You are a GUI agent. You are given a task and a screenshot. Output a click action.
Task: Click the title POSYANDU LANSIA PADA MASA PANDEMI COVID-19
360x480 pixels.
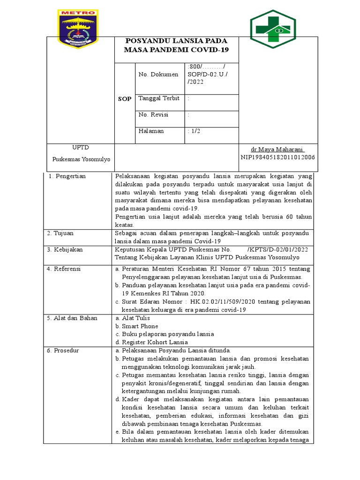(x=177, y=45)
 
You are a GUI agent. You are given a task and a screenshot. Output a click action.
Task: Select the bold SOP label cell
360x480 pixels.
(x=125, y=100)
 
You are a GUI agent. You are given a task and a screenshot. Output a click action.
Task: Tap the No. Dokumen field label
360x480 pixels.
(x=158, y=74)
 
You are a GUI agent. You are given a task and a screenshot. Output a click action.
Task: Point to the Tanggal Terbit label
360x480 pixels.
(x=159, y=98)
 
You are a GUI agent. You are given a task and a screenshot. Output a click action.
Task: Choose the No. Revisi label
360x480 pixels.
(x=153, y=114)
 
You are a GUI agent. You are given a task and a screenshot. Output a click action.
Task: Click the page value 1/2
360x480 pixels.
(x=194, y=131)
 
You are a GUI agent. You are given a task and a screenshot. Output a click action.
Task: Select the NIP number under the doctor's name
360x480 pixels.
(x=277, y=157)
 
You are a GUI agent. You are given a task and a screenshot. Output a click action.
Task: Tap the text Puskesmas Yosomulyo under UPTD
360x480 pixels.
(x=81, y=159)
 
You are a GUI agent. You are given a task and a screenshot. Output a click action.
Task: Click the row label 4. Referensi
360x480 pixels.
(x=64, y=269)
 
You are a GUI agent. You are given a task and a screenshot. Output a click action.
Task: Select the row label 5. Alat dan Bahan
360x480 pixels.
(x=72, y=318)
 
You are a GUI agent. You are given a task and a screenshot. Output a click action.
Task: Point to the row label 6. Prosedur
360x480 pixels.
(x=63, y=351)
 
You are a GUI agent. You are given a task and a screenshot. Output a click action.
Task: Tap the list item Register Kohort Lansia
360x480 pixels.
(x=151, y=342)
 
